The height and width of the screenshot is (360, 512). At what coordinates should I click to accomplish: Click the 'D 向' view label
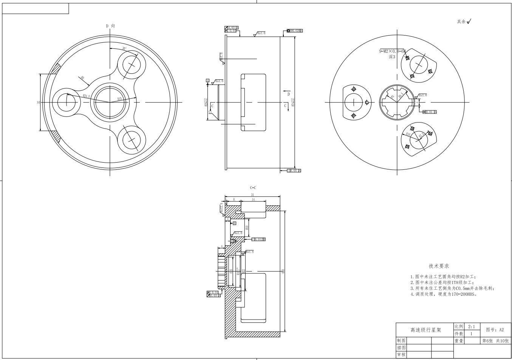click(110, 26)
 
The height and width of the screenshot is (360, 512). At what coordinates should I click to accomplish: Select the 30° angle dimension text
click(124, 48)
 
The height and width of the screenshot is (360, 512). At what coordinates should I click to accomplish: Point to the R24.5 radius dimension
click(86, 96)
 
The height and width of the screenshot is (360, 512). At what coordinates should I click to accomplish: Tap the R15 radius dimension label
click(119, 99)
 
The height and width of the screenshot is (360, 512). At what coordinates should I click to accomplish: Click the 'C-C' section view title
click(253, 188)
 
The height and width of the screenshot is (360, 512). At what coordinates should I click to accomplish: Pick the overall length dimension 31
click(252, 195)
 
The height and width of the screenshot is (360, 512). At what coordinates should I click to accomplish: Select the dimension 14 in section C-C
click(253, 199)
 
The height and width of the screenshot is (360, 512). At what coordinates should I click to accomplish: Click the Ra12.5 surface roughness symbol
click(221, 208)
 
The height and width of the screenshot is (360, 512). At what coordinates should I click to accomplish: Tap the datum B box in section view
click(234, 223)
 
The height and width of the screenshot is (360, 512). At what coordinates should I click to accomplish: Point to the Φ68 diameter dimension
click(283, 270)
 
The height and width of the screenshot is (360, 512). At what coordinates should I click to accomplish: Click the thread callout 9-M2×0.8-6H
click(392, 51)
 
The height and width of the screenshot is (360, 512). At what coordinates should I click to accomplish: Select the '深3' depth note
click(392, 57)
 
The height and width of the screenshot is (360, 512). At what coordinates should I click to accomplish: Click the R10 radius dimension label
click(408, 134)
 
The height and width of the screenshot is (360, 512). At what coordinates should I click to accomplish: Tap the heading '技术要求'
click(439, 266)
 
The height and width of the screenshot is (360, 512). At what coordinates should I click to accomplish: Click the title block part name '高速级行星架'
click(425, 330)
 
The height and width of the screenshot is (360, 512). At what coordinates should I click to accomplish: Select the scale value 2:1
click(472, 326)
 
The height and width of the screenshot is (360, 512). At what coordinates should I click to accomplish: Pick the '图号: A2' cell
click(495, 329)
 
